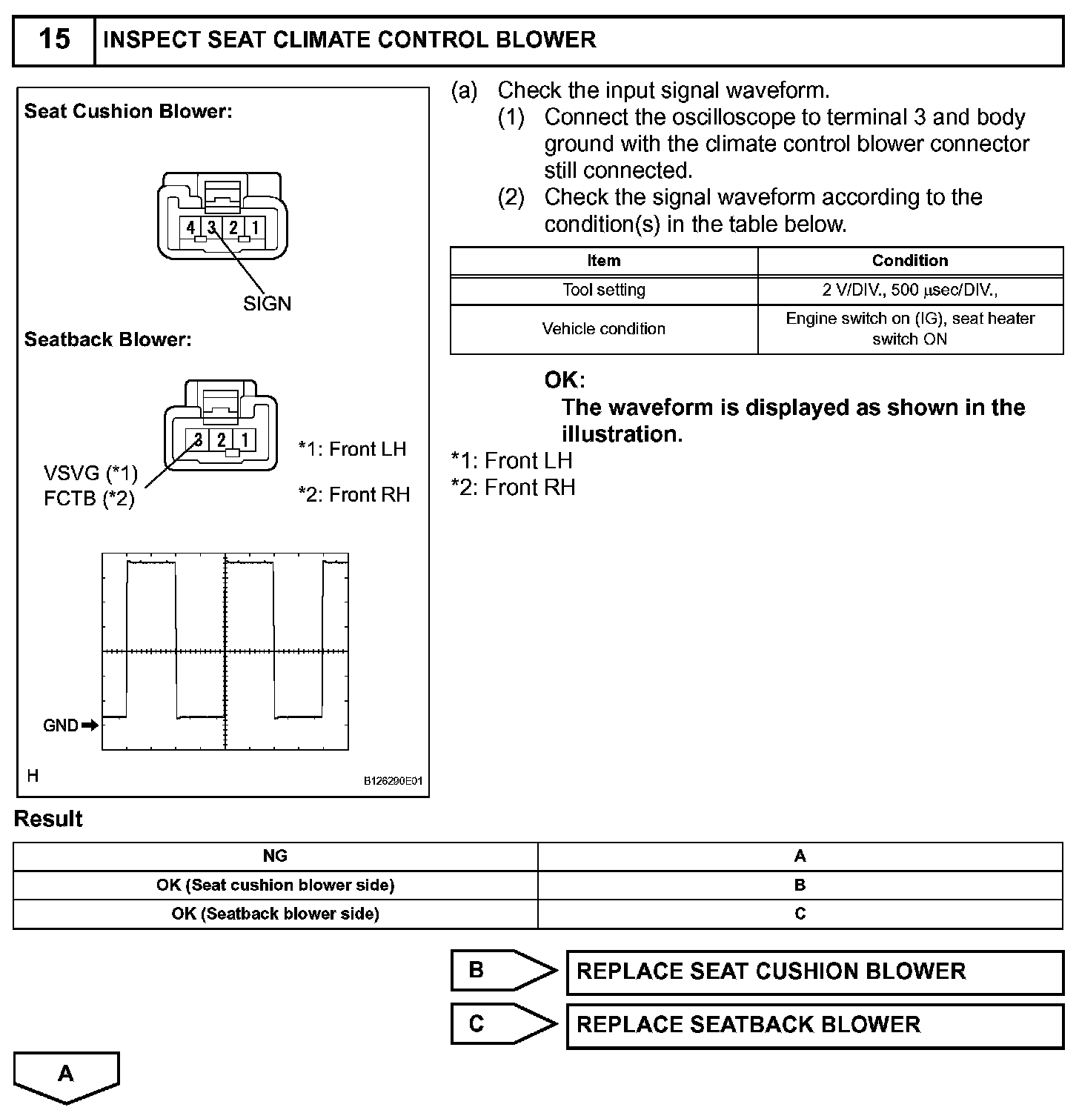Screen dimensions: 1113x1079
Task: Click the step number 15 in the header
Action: pyautogui.click(x=54, y=39)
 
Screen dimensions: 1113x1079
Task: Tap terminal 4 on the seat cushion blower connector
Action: pyautogui.click(x=190, y=227)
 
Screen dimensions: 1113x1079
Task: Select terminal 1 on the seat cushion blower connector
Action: pyautogui.click(x=255, y=227)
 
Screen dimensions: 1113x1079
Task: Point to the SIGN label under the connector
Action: pyautogui.click(x=267, y=303)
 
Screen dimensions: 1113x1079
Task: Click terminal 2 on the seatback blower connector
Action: pyautogui.click(x=222, y=440)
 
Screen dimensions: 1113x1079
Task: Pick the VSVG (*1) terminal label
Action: pyautogui.click(x=90, y=473)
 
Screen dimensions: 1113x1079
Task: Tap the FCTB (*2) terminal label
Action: pyautogui.click(x=89, y=498)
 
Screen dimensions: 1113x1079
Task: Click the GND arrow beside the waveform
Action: pyautogui.click(x=90, y=725)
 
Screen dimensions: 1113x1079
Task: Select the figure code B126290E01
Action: pyautogui.click(x=393, y=781)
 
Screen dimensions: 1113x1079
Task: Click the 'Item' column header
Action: pyautogui.click(x=603, y=261)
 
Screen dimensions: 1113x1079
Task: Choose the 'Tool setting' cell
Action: pyautogui.click(x=603, y=290)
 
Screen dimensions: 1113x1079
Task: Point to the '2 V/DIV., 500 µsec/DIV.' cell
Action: pyautogui.click(x=909, y=290)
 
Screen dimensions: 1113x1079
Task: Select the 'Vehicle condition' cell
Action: pyautogui.click(x=603, y=328)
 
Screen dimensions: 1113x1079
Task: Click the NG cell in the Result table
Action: pyautogui.click(x=275, y=856)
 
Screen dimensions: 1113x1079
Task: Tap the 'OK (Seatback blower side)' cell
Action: pyautogui.click(x=275, y=914)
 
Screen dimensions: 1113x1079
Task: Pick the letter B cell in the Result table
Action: pyautogui.click(x=800, y=885)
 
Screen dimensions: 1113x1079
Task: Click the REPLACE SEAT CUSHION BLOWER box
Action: pyautogui.click(x=814, y=971)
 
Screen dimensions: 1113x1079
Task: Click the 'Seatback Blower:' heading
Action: pyautogui.click(x=108, y=339)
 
